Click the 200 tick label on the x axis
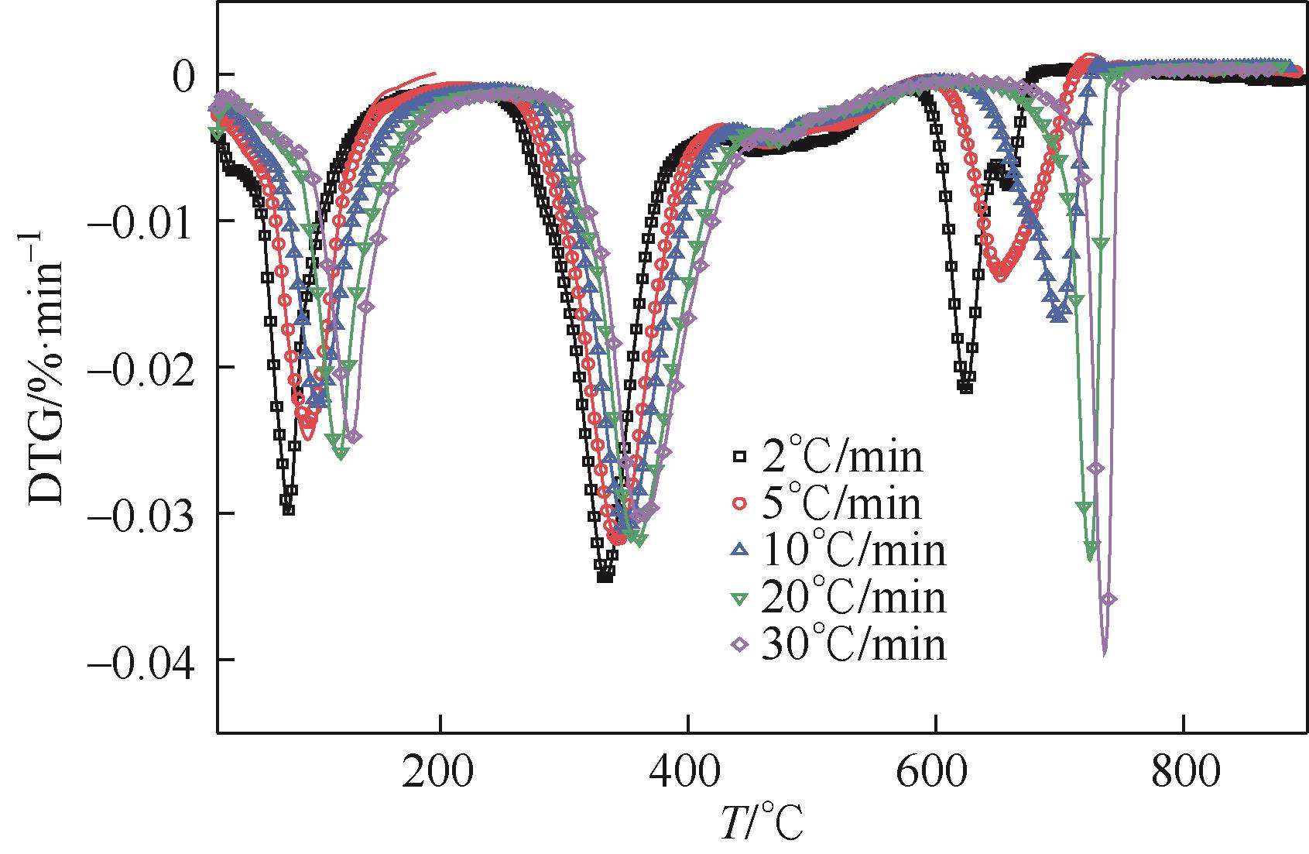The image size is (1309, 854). click(x=440, y=773)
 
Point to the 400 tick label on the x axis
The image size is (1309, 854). click(x=687, y=773)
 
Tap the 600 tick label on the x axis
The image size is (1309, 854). click(x=935, y=773)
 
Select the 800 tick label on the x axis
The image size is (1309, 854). click(x=1183, y=773)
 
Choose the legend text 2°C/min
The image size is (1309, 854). click(x=842, y=458)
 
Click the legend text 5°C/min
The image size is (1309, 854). click(x=842, y=504)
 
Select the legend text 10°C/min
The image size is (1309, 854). click(x=853, y=550)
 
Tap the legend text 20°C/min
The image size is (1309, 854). click(x=853, y=597)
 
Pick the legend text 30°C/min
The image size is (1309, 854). click(x=853, y=644)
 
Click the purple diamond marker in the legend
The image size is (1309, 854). click(x=741, y=644)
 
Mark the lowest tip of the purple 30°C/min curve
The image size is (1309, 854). click(x=1104, y=655)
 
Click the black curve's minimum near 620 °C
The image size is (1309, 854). click(x=965, y=387)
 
